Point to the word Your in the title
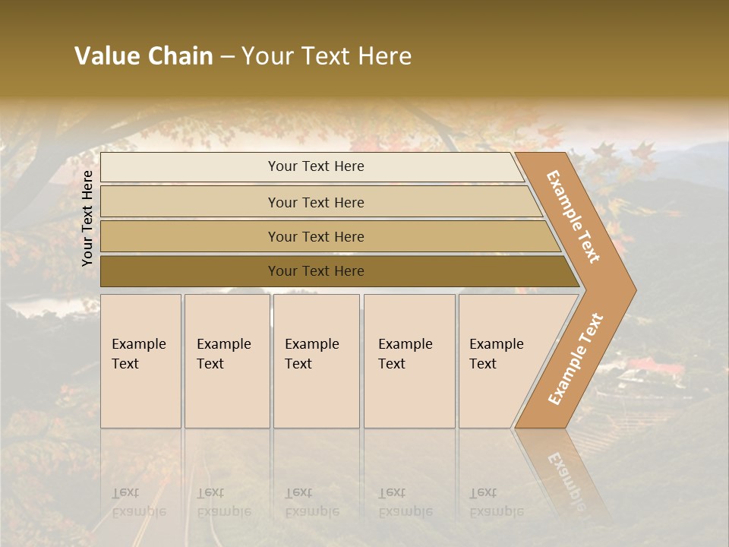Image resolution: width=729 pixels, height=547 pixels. click(267, 56)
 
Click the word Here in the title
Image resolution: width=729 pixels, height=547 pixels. click(383, 56)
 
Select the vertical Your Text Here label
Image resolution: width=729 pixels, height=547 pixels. click(87, 218)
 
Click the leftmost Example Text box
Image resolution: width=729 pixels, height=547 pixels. click(140, 361)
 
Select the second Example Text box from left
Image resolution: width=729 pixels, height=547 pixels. click(226, 361)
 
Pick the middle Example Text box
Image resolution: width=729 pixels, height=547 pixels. click(316, 361)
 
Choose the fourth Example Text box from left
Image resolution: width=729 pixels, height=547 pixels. click(409, 361)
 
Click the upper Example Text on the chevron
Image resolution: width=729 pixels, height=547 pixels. click(573, 217)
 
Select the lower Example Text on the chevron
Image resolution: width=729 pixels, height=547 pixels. click(576, 359)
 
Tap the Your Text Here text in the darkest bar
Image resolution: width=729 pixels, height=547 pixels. click(316, 271)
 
